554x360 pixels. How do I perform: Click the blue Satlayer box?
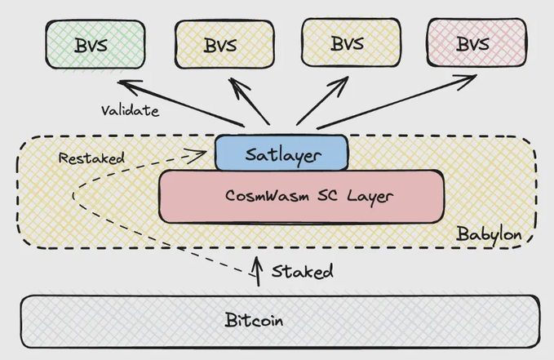tap(281, 153)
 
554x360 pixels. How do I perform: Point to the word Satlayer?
tap(281, 153)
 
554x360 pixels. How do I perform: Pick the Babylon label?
tap(488, 235)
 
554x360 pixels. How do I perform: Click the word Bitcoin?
tap(254, 320)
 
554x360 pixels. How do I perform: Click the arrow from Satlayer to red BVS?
tap(396, 101)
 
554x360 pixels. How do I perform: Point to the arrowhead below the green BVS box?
tap(125, 82)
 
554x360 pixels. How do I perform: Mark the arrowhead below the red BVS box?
tap(472, 78)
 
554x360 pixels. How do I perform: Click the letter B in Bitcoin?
tap(230, 320)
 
